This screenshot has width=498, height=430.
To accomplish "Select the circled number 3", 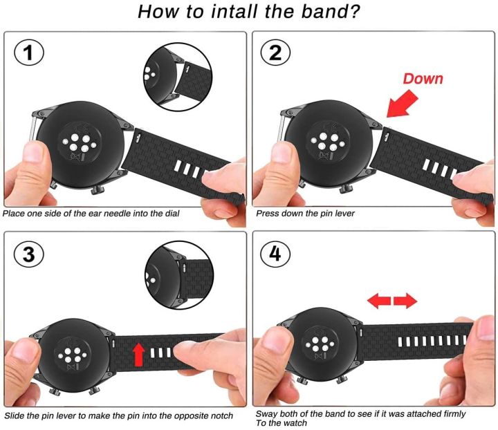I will (29, 254).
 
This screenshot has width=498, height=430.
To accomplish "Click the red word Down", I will (423, 78).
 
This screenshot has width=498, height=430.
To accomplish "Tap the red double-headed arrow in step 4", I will (392, 300).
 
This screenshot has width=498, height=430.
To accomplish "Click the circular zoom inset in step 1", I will (172, 73).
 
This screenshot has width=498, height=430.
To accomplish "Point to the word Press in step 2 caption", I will (269, 214).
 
